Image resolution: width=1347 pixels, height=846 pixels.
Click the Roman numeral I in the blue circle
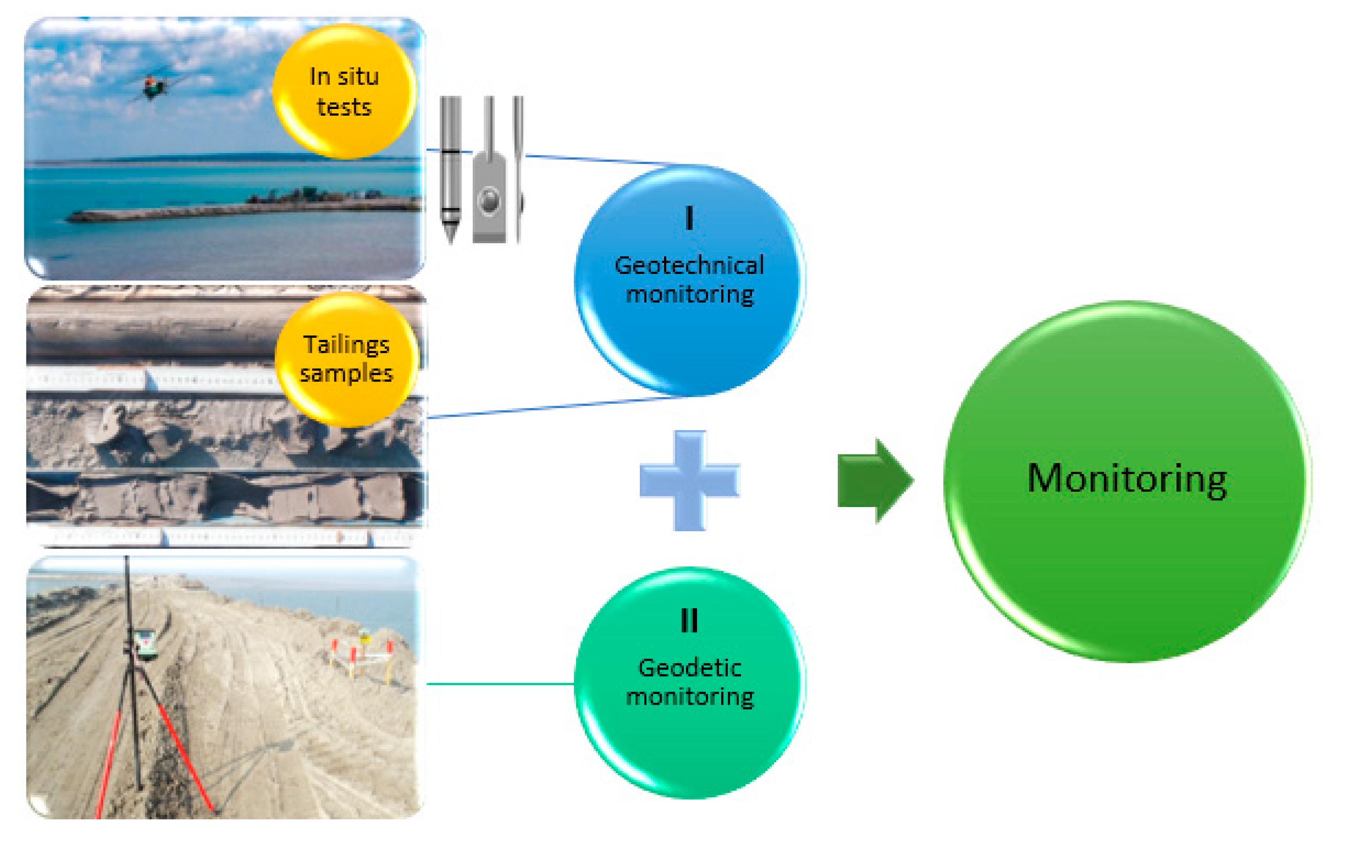(689, 218)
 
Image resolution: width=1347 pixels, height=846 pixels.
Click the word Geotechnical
(689, 266)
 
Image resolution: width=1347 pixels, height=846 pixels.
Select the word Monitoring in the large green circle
(1127, 479)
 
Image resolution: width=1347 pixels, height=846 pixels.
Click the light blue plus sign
(690, 480)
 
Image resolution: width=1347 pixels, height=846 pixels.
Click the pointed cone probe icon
(450, 168)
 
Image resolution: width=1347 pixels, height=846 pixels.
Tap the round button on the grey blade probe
(489, 200)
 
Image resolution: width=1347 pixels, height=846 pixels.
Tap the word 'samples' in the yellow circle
(347, 373)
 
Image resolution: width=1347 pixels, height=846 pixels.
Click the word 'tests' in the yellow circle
(344, 107)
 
